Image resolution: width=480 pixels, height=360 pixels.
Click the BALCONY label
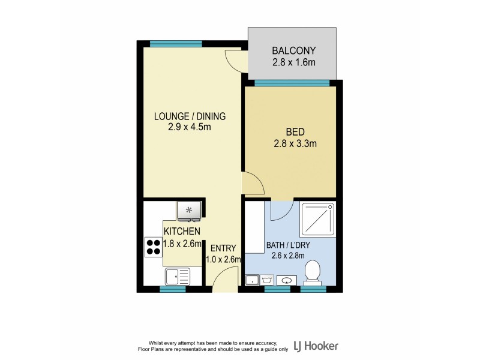(293, 50)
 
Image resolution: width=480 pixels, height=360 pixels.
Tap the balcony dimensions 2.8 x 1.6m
(293, 62)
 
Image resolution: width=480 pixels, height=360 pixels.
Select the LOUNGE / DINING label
(190, 116)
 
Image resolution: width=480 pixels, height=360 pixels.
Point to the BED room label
(295, 132)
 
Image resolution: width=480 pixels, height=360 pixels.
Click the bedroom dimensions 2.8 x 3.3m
(295, 143)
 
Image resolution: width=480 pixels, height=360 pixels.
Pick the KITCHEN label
(182, 231)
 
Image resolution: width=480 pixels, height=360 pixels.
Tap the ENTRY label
(223, 248)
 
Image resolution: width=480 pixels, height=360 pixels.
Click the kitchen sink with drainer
(176, 277)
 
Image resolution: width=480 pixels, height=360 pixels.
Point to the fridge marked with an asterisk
(190, 210)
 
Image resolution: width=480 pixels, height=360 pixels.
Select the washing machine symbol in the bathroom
(268, 280)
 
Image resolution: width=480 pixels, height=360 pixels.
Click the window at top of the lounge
(167, 43)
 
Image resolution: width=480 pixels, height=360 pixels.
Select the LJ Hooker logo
(316, 346)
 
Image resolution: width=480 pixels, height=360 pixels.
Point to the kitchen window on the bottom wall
(172, 289)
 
